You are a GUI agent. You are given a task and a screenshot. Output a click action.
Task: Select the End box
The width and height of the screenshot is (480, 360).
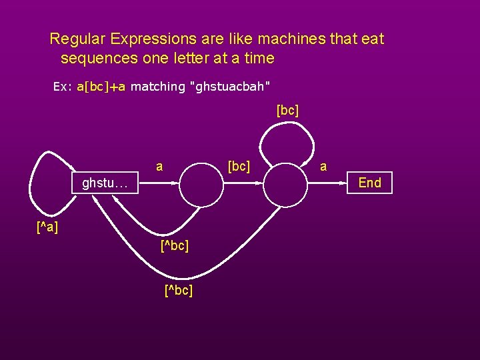(370, 183)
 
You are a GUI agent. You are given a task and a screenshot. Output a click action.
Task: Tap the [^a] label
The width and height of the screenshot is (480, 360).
(47, 228)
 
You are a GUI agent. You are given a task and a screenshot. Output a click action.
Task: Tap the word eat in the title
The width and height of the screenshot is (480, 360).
(372, 39)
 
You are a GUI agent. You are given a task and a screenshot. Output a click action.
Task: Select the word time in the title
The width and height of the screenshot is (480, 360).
(259, 58)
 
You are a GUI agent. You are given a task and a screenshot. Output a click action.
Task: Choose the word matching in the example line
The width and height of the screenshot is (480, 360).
(158, 87)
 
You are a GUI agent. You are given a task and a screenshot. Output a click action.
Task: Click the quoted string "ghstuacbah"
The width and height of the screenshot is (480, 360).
(230, 87)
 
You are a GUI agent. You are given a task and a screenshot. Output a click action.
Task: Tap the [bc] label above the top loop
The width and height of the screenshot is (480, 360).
(287, 110)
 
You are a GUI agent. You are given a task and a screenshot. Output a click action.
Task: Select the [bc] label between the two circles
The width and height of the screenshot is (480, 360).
(239, 165)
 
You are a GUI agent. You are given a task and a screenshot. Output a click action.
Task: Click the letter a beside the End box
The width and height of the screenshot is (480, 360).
(323, 167)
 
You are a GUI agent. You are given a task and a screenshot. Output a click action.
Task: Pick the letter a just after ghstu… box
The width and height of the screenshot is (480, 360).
(159, 165)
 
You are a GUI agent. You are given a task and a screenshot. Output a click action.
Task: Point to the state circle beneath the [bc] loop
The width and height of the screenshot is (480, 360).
(287, 185)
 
